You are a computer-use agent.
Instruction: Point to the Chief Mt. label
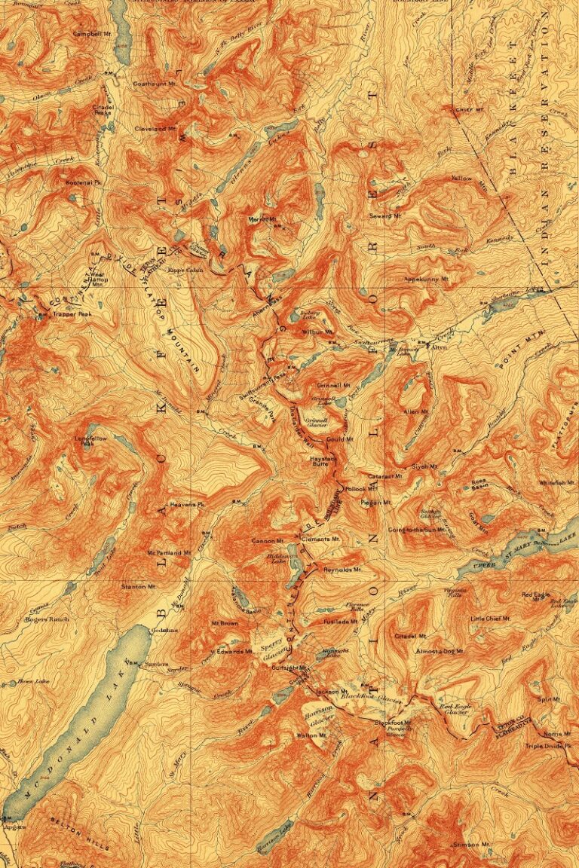(x=469, y=110)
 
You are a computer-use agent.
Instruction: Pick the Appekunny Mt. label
(x=427, y=279)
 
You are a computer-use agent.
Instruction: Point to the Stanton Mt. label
(x=138, y=585)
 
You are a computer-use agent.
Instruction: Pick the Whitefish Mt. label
(x=557, y=482)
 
